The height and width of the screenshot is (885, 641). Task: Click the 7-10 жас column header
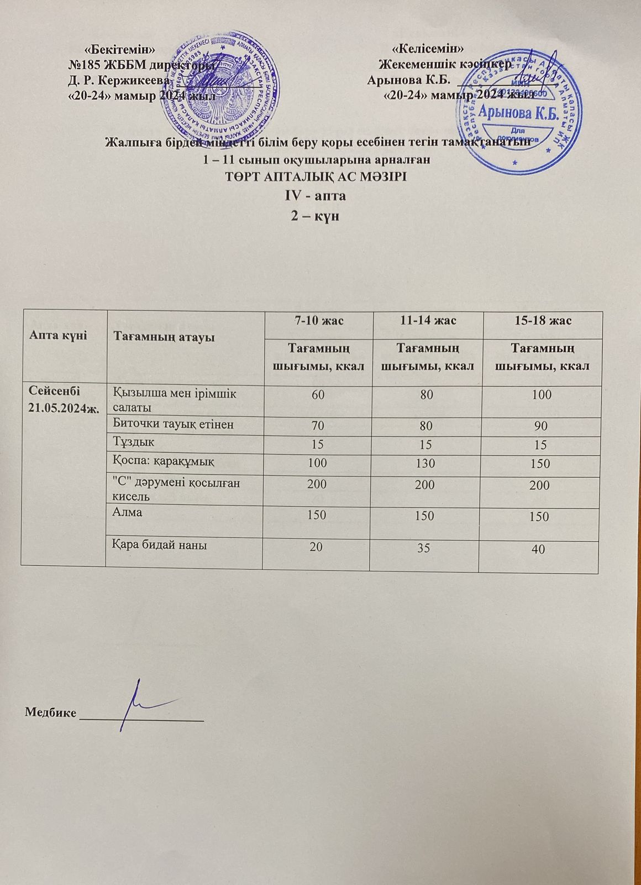(316, 320)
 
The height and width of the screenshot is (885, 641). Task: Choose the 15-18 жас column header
(540, 320)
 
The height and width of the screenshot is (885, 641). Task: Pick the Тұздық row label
(134, 443)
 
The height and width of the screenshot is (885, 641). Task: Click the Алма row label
(128, 512)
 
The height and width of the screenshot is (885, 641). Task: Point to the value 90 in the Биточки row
(540, 427)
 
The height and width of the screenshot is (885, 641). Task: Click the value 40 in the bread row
(539, 549)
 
